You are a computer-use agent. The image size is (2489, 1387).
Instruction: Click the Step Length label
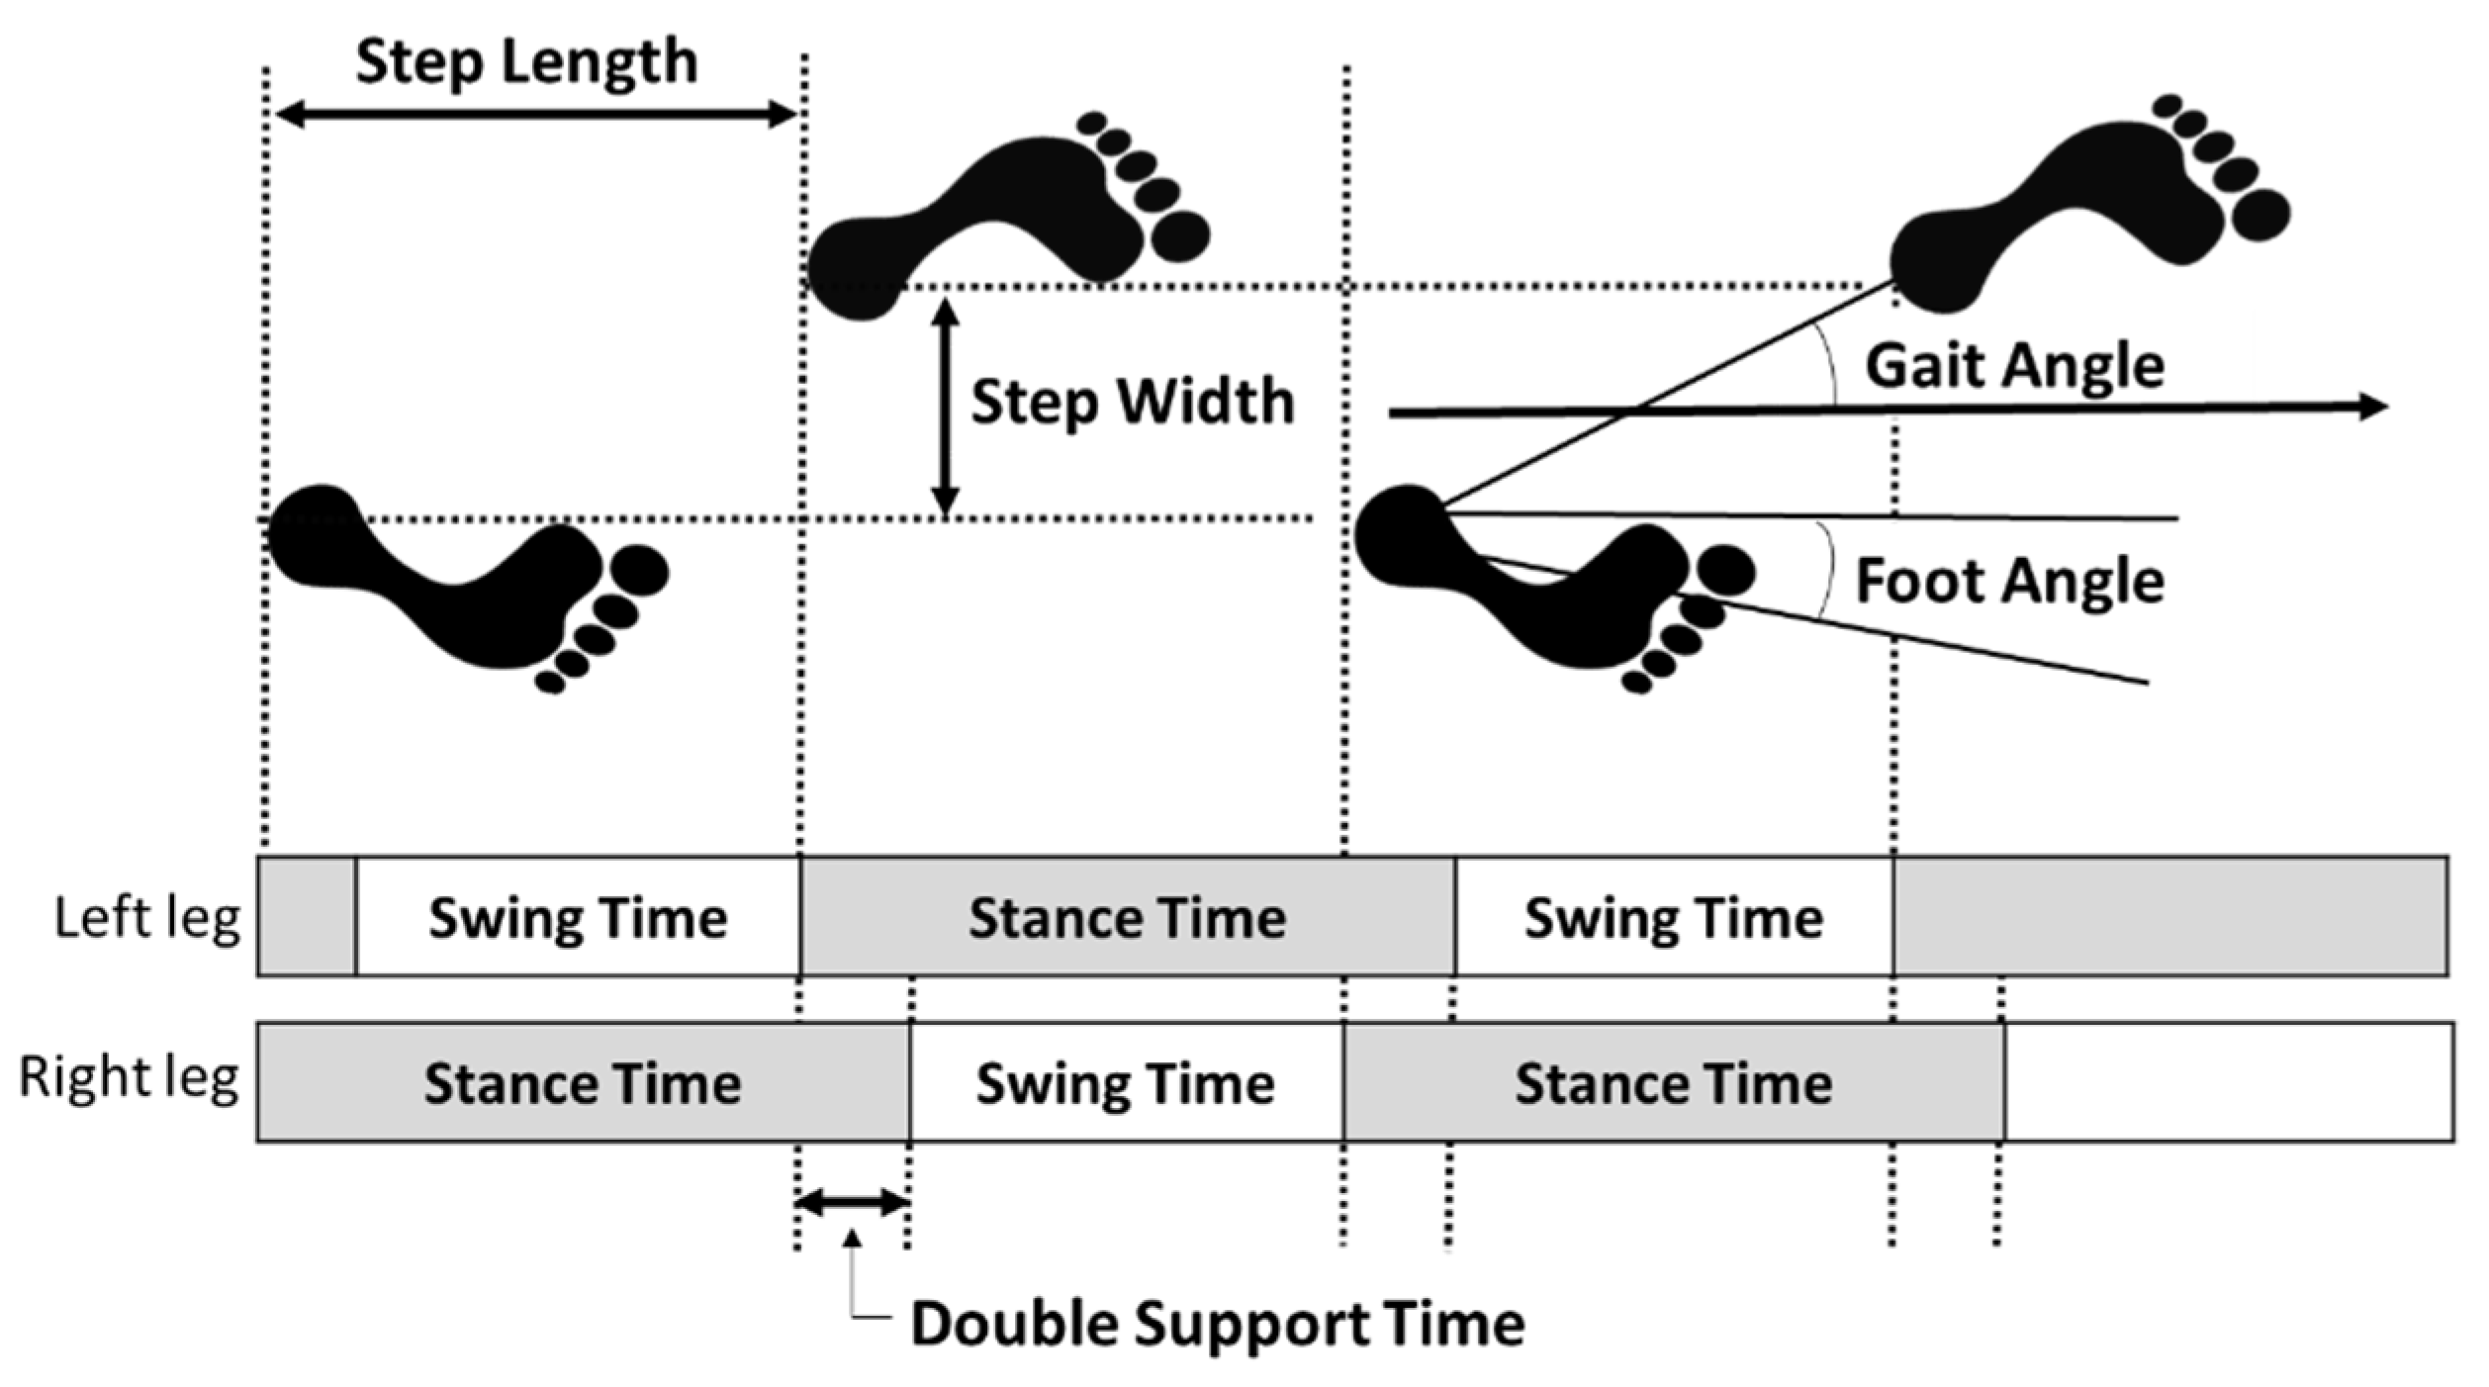point(526,62)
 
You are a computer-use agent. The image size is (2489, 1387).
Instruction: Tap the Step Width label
point(1132,402)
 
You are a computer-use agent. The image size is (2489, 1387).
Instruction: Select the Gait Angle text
point(2014,366)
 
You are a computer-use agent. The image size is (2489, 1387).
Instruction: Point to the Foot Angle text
point(2008,581)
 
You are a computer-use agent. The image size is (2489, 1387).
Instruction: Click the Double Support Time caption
point(1217,1324)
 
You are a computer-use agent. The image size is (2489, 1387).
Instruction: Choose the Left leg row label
point(146,918)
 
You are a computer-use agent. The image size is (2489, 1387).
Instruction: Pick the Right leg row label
point(129,1077)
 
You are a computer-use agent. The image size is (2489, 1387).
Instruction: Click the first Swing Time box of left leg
point(578,918)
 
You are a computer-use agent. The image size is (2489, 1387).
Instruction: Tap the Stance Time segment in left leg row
point(1128,918)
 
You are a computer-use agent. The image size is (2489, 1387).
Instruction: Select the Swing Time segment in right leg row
point(1126,1083)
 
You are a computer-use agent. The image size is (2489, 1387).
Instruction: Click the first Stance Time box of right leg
point(583,1083)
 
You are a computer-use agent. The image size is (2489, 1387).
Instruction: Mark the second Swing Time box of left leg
point(1674,918)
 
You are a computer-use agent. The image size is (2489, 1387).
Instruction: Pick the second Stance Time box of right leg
point(1674,1083)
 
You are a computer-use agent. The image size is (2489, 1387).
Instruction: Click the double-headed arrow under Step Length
point(535,116)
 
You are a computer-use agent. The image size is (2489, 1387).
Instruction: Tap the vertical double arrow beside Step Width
point(946,408)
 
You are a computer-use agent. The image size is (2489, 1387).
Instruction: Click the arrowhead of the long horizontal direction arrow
point(2374,407)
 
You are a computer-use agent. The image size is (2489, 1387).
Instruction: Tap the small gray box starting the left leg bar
point(307,917)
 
